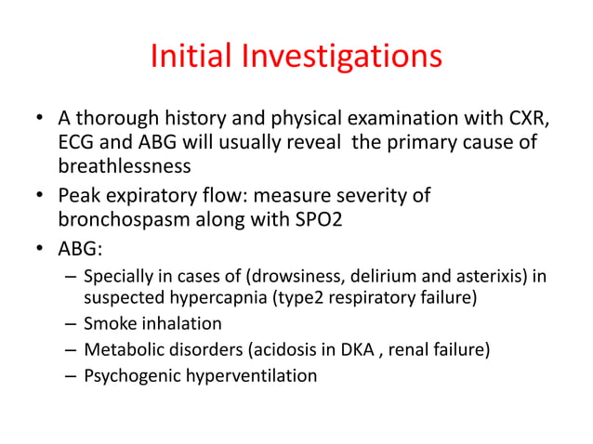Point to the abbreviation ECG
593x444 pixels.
(77, 142)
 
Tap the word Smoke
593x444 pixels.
(108, 324)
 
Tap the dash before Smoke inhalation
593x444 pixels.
(71, 324)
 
